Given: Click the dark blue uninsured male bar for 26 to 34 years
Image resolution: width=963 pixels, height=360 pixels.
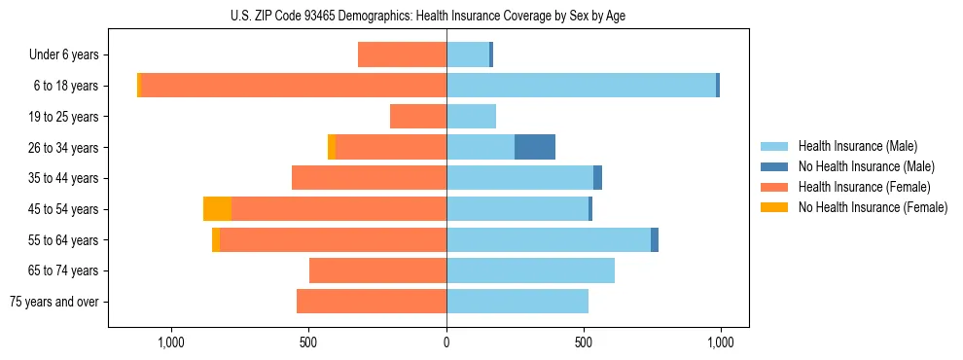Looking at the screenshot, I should [535, 147].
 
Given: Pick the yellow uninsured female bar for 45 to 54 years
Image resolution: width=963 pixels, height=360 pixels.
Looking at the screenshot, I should [217, 209].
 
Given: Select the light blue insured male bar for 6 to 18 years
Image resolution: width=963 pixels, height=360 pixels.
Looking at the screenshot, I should [581, 86].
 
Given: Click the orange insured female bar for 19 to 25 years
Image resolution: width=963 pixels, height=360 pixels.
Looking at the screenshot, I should [418, 117].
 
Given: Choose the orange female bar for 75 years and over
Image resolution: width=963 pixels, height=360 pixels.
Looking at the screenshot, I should [372, 302].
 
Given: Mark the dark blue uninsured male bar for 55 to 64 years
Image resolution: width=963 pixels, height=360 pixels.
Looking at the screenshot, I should [655, 239].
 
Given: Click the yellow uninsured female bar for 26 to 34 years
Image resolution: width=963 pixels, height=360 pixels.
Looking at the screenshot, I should [332, 147].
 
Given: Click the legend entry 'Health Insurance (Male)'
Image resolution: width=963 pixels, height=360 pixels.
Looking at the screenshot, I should [857, 146].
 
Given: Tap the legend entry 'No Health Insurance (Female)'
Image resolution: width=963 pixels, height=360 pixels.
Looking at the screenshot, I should [873, 207].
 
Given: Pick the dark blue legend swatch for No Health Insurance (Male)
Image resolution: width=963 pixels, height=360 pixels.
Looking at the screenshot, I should [774, 166].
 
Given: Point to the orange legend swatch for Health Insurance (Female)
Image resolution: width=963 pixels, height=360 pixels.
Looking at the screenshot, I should [774, 187].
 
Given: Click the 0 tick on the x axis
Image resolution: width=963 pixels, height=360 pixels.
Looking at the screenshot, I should [446, 342].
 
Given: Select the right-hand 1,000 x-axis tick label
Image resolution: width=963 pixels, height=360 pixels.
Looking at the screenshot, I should [720, 342].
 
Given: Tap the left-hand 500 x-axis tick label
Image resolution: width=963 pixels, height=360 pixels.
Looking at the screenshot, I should [308, 342].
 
